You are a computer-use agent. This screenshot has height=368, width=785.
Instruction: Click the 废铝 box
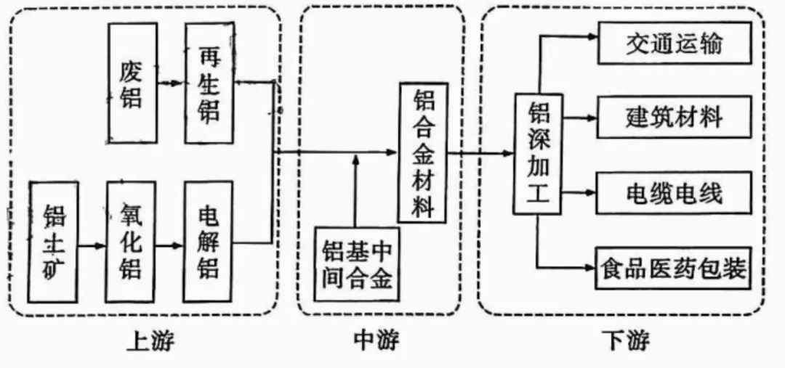(x=132, y=83)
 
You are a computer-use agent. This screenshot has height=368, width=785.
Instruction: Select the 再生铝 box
(x=209, y=83)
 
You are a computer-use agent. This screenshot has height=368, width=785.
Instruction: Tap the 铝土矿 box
(x=53, y=242)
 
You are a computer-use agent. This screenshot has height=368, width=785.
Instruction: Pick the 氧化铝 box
(x=131, y=242)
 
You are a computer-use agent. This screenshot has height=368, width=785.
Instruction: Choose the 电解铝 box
(x=209, y=242)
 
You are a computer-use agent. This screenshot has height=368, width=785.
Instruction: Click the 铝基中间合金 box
(x=357, y=263)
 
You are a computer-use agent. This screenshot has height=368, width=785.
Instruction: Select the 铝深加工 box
(x=538, y=154)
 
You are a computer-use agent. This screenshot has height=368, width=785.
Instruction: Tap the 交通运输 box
(x=674, y=45)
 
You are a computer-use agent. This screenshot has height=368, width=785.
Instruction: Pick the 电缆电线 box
(x=674, y=193)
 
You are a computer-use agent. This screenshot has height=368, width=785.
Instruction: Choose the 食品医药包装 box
(x=674, y=267)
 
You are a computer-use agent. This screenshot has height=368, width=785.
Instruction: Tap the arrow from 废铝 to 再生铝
(x=171, y=83)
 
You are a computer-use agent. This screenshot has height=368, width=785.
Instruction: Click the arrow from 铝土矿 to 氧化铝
(x=92, y=245)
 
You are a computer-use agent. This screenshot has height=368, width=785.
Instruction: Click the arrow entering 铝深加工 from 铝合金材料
(x=483, y=152)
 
